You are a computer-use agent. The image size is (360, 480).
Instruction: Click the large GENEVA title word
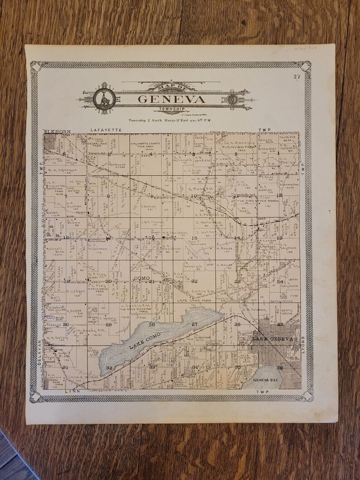pos(171,99)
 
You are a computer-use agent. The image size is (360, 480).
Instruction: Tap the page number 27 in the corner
pos(297,76)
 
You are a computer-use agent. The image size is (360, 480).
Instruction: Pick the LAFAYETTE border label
pos(107,131)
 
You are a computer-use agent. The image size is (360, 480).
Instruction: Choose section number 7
pos(65,196)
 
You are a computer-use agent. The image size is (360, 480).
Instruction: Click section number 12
pos(279,195)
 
